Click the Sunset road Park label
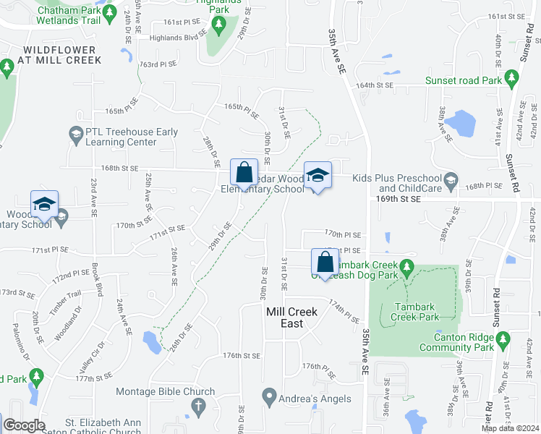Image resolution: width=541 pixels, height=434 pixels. (x=464, y=81)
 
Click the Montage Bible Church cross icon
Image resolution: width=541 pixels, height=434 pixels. (x=197, y=408)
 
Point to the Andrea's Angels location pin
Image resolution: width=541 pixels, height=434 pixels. (x=269, y=396)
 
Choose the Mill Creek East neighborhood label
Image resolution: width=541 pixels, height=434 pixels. (x=292, y=318)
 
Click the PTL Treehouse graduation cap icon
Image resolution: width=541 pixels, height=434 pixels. (x=75, y=133)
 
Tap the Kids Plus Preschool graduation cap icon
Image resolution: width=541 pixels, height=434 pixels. (x=451, y=180)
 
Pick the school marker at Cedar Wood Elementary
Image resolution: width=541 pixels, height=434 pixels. (x=318, y=175)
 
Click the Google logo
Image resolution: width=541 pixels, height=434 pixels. (x=25, y=425)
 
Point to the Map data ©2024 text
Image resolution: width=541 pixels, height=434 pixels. (x=510, y=428)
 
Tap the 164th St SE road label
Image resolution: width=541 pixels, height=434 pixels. (x=374, y=85)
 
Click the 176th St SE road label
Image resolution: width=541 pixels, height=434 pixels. (x=241, y=356)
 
